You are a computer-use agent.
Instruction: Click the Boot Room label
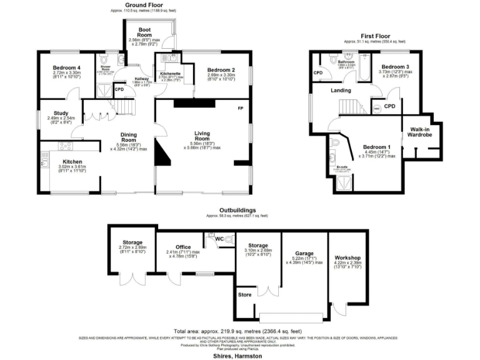coord(145,32)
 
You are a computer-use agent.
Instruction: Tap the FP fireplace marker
coord(239,109)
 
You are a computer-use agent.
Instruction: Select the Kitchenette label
coord(170,74)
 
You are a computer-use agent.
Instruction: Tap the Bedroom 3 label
coord(396,66)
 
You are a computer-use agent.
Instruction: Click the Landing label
coord(341,91)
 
